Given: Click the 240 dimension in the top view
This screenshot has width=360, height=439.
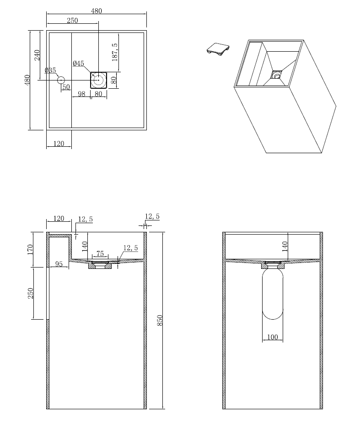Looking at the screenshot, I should click(38, 55).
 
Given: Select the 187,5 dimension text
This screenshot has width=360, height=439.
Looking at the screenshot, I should click(115, 52).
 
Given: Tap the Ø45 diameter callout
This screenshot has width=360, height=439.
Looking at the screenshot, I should click(78, 64).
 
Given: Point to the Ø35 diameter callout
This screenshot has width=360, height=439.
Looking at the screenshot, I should click(50, 70).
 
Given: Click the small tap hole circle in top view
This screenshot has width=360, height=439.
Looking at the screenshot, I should click(61, 80).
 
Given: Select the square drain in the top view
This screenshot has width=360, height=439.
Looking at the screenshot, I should click(98, 80).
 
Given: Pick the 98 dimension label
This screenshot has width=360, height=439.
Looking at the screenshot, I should click(82, 94).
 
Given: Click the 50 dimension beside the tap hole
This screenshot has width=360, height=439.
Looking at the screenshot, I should click(66, 87).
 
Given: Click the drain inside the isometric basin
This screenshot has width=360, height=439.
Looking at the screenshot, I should click(276, 74).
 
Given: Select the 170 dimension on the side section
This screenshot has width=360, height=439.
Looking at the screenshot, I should click(31, 249).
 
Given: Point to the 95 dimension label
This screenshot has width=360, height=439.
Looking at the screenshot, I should click(59, 264).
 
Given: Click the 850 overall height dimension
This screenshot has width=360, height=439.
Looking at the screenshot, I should click(160, 320).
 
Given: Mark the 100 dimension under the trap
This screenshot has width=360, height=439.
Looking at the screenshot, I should click(272, 337).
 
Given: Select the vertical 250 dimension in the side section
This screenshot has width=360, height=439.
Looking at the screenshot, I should click(31, 293).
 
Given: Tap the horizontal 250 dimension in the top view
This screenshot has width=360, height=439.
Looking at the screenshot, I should click(72, 21).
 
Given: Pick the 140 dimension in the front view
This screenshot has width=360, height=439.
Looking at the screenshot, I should click(285, 246).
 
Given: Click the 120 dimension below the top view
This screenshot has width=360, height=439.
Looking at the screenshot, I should click(59, 144).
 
